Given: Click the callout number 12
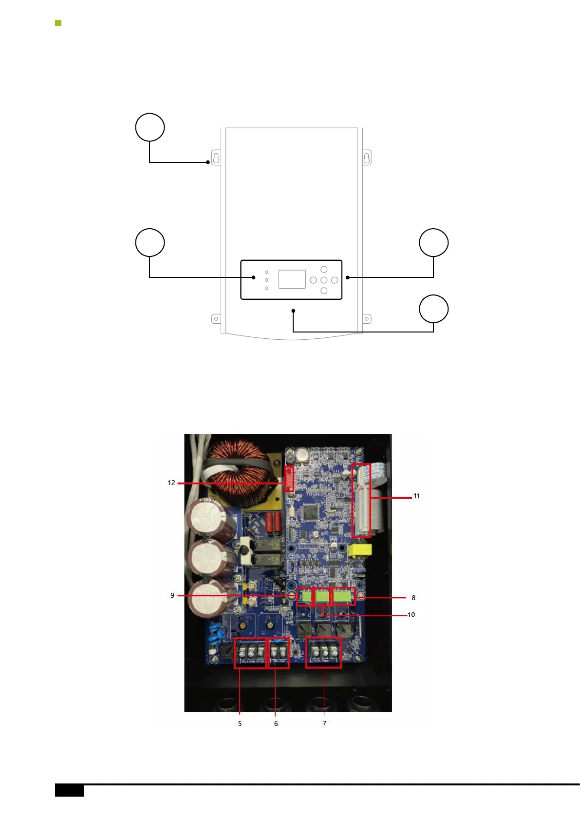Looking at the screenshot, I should [x=171, y=483].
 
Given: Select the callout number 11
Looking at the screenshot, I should [x=416, y=496].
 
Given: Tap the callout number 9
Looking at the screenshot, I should [x=172, y=595].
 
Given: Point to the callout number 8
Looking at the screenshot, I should [x=413, y=598].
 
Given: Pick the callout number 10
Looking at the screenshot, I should [x=411, y=615].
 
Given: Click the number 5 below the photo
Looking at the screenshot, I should [x=240, y=723].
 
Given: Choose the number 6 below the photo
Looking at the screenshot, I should [x=276, y=723].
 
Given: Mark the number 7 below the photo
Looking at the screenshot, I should [x=324, y=723].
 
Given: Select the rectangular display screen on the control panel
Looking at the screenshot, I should [x=292, y=279].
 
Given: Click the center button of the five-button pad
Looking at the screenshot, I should [x=324, y=280].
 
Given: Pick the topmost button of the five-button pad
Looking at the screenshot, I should [x=324, y=270].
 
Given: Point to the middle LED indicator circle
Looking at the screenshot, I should [x=266, y=280].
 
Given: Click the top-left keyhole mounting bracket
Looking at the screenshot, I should [x=216, y=158].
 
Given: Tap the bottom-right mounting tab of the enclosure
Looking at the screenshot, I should [x=367, y=319].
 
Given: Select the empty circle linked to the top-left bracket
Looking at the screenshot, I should [x=150, y=127].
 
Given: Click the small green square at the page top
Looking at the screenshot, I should [x=58, y=23].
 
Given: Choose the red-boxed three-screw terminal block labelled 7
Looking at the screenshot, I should [x=323, y=653].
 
